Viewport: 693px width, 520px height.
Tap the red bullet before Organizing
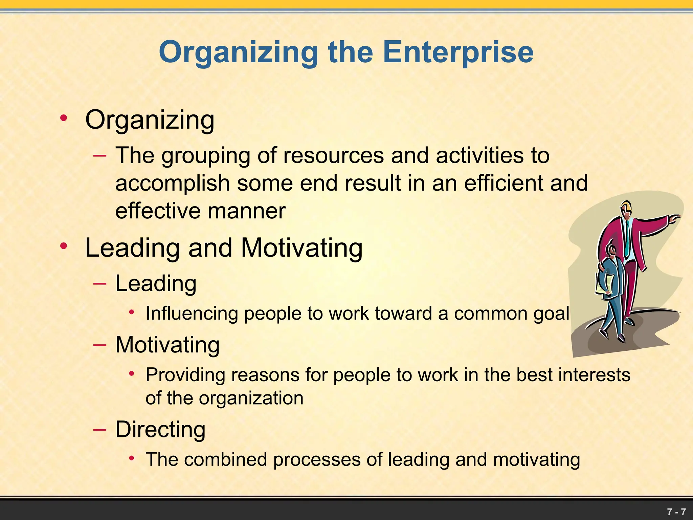click(x=63, y=118)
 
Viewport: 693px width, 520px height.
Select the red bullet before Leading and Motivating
click(x=63, y=246)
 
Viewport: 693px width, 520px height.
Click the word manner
click(x=247, y=211)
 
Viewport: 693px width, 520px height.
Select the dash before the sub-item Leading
click(x=100, y=283)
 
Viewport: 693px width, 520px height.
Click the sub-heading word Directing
click(x=160, y=430)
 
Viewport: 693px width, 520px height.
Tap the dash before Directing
click(x=100, y=429)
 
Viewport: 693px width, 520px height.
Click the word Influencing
click(x=192, y=313)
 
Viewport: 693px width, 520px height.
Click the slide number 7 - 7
click(x=676, y=512)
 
